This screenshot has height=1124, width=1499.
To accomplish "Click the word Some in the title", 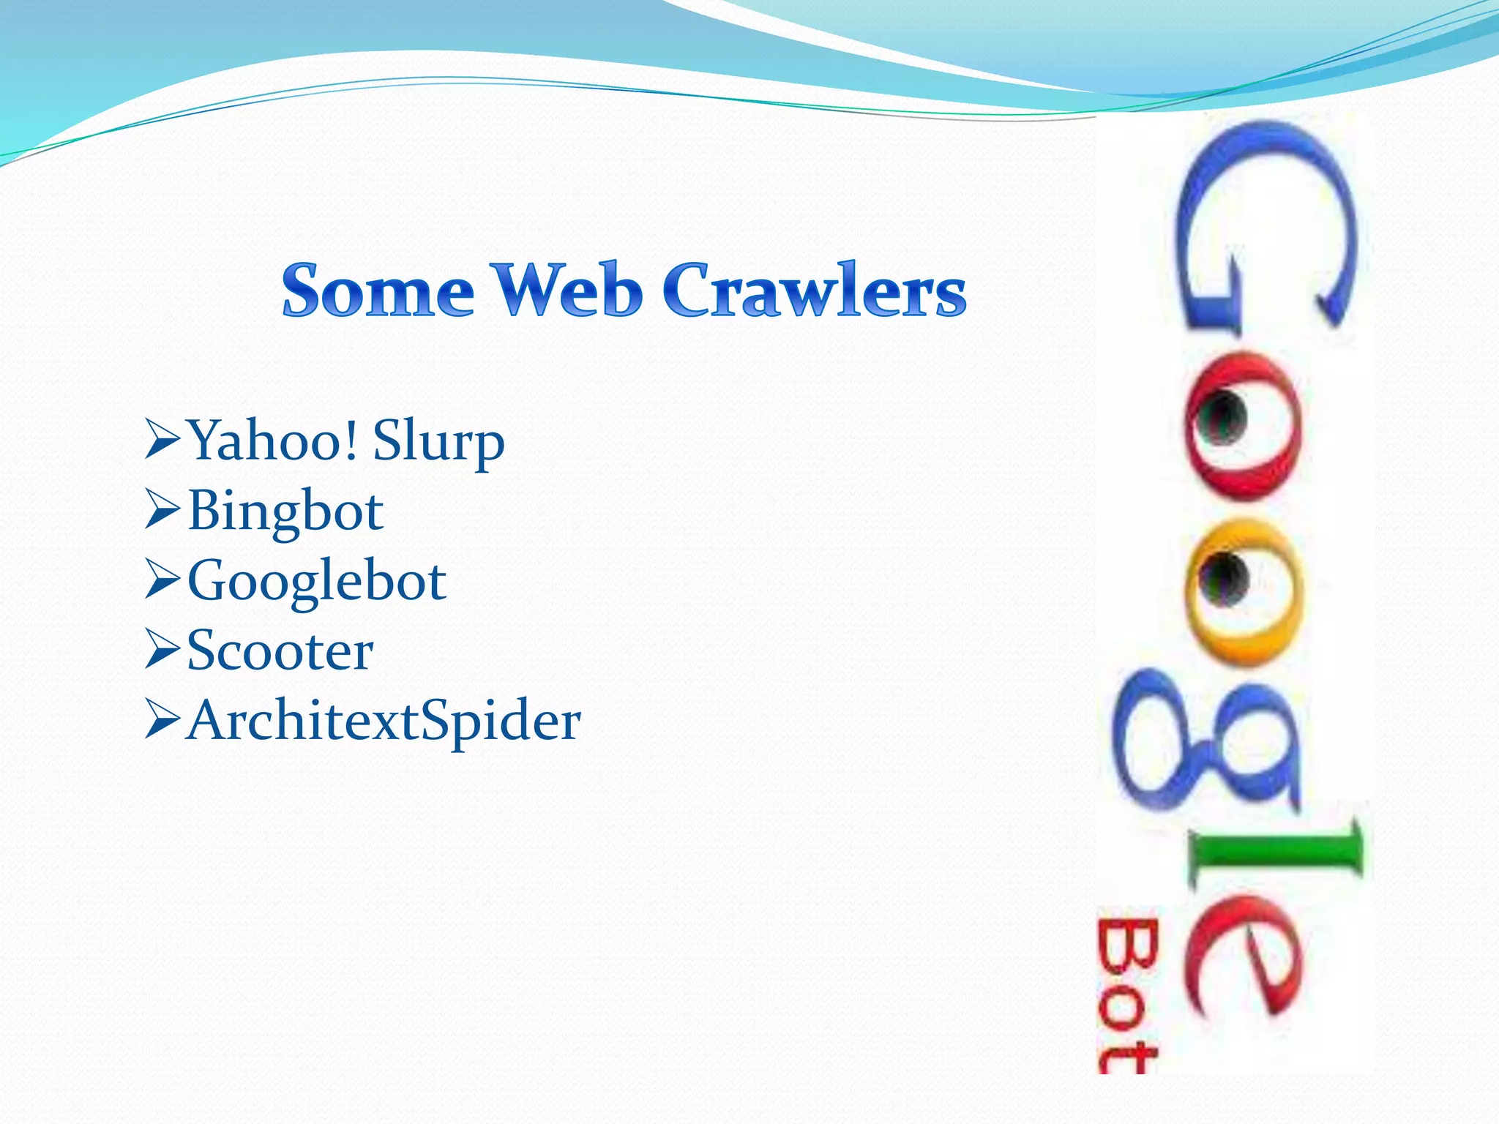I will tap(378, 291).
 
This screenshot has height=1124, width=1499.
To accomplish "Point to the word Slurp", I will tap(438, 442).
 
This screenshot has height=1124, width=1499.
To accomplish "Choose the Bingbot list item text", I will tap(285, 511).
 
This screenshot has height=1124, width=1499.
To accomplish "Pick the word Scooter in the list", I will tap(280, 651).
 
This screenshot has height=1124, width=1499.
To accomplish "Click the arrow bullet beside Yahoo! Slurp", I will tap(162, 439).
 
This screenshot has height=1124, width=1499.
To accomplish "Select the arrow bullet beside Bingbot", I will tap(162, 509).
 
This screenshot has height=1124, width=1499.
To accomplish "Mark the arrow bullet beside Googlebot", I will tap(162, 579).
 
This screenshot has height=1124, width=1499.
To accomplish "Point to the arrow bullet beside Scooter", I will tap(162, 649).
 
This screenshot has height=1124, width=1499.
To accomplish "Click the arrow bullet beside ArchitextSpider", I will tap(162, 719).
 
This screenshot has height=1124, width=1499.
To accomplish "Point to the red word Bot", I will tap(1127, 995).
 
